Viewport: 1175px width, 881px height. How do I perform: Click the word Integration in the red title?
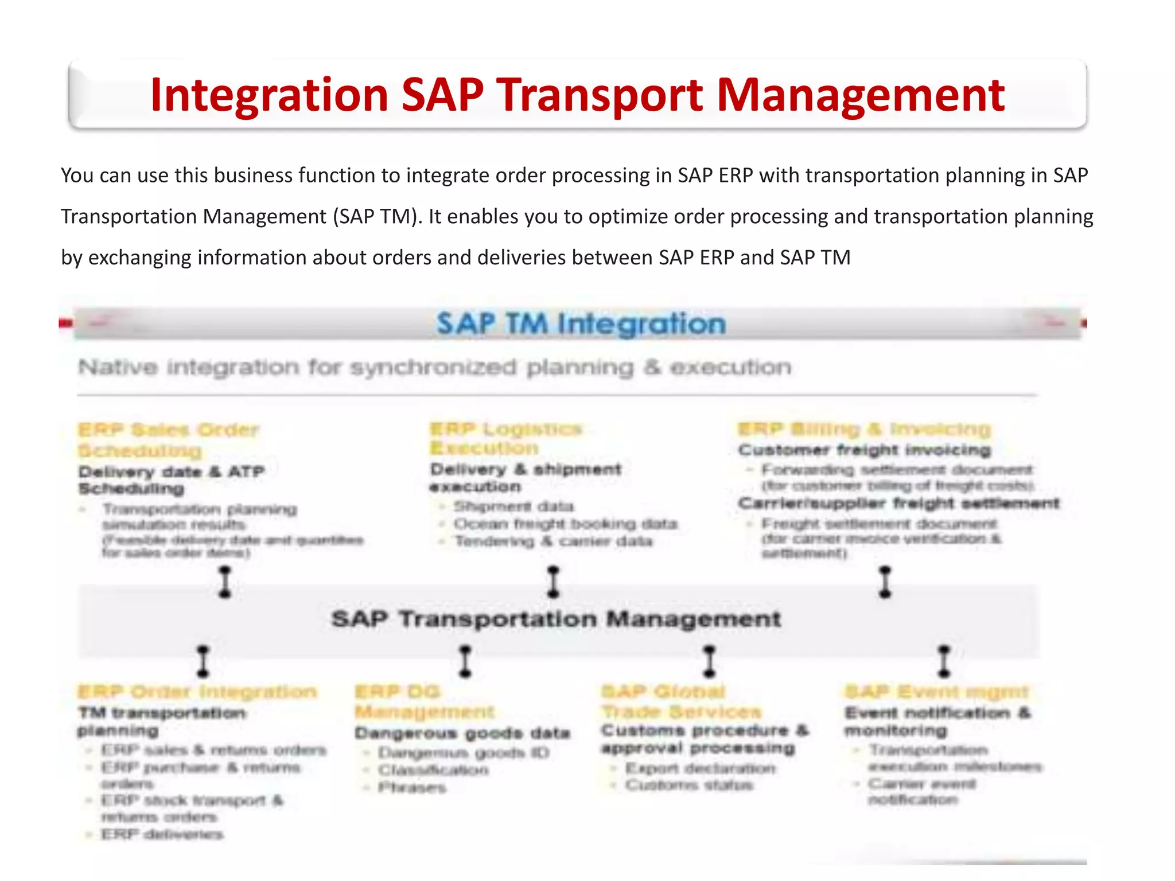click(x=269, y=95)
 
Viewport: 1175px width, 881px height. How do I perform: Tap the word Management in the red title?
click(x=861, y=95)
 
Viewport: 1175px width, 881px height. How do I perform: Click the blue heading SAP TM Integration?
click(x=581, y=323)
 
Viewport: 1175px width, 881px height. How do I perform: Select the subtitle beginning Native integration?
click(x=434, y=367)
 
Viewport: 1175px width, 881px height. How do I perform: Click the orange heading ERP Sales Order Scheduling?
click(x=168, y=440)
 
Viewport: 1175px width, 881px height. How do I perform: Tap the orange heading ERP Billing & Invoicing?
click(x=864, y=429)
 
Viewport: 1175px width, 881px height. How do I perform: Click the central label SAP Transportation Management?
click(x=556, y=619)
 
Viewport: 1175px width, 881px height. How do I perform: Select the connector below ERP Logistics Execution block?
click(x=553, y=582)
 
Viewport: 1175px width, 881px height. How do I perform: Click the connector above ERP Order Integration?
click(x=203, y=661)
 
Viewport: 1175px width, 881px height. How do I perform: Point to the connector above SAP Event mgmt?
click(x=944, y=661)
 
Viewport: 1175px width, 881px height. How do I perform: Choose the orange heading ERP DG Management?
click(x=425, y=701)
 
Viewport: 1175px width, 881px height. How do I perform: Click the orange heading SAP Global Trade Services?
click(x=681, y=701)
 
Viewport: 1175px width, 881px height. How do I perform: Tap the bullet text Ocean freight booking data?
click(x=565, y=524)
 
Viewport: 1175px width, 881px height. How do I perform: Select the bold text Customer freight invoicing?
click(x=864, y=450)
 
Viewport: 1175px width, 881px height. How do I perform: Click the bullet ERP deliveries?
click(x=162, y=834)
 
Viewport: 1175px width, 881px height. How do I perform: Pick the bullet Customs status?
click(x=688, y=785)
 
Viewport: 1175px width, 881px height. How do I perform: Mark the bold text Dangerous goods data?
click(x=462, y=733)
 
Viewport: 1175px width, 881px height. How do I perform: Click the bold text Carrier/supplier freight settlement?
click(x=898, y=503)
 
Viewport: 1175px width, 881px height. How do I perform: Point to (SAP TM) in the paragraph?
click(x=376, y=217)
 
